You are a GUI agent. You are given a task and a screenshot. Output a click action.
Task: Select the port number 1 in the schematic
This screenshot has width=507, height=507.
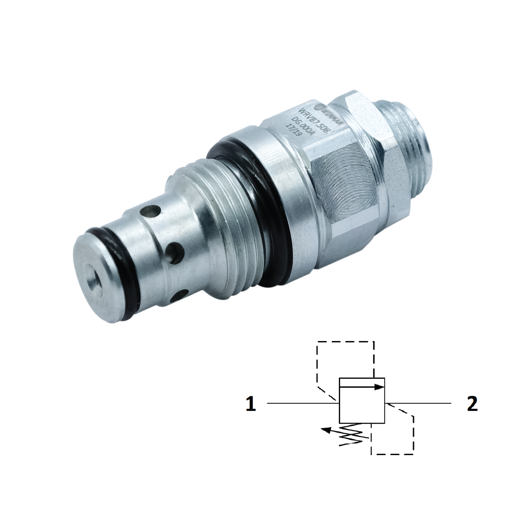click(x=251, y=404)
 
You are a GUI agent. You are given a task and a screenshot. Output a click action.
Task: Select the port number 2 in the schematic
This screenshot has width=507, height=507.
click(x=472, y=404)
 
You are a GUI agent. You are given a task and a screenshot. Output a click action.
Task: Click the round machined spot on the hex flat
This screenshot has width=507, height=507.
click(x=343, y=172)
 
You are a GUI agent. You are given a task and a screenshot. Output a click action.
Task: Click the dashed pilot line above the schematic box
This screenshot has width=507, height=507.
click(x=345, y=342)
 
